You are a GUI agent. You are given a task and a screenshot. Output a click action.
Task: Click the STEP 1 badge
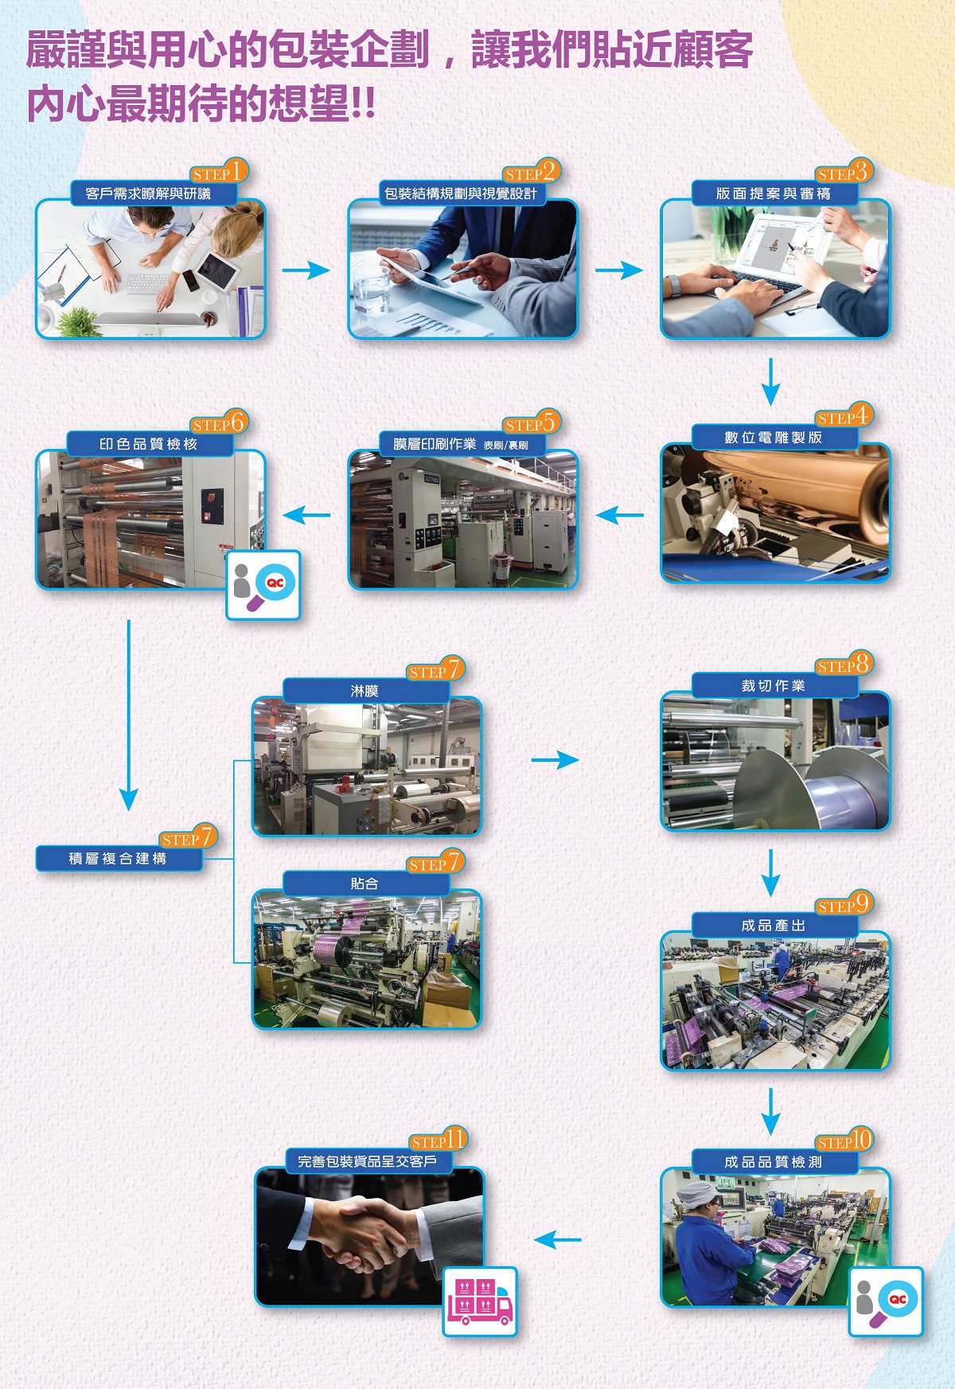(x=219, y=171)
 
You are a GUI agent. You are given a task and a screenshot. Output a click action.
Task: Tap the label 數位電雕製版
(x=773, y=437)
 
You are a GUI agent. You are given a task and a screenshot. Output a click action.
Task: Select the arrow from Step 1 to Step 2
(x=306, y=270)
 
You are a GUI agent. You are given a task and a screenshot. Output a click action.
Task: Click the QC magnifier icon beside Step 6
(x=263, y=585)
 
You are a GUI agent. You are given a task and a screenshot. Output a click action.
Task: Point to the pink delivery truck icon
(x=480, y=1301)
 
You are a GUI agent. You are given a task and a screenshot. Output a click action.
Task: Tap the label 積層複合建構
(x=118, y=858)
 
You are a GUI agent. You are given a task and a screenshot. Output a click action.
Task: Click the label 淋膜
(x=365, y=691)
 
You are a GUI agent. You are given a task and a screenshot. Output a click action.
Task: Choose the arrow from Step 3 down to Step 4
(x=770, y=382)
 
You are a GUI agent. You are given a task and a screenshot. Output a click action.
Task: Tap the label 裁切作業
(x=773, y=685)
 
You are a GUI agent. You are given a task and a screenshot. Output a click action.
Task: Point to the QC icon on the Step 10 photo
(x=886, y=1301)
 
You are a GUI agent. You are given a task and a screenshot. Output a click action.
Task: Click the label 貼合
(x=365, y=884)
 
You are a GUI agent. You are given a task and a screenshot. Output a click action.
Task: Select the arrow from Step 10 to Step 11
(x=558, y=1239)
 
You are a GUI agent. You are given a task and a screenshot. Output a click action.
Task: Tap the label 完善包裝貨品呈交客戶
(x=368, y=1161)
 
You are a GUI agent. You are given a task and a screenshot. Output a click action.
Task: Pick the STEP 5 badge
(x=532, y=423)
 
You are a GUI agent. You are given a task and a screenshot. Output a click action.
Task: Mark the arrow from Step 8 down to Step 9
(x=770, y=873)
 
